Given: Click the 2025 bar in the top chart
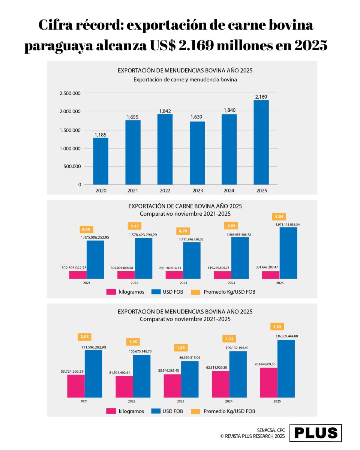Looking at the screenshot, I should [261, 142].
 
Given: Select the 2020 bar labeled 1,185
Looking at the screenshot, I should [101, 161].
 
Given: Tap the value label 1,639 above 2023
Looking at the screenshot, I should [197, 117].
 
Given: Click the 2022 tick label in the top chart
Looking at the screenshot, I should [165, 190].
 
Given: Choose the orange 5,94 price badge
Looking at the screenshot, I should [279, 216].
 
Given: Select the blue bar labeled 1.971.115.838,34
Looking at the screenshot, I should [288, 253].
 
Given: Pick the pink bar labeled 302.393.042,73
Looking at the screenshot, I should [78, 275].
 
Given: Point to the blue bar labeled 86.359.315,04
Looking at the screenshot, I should [190, 379].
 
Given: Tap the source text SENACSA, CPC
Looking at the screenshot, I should [271, 430].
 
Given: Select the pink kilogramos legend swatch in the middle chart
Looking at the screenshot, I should [111, 292].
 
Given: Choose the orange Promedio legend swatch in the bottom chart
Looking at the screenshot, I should [196, 411].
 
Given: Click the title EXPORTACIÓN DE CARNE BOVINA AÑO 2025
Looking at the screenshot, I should [185, 206].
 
